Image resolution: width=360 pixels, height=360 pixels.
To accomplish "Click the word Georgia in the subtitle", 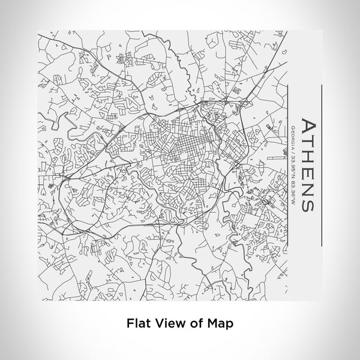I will [x=292, y=137].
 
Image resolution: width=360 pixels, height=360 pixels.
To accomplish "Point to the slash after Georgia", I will [x=292, y=152].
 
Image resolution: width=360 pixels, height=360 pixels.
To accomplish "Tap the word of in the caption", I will [x=191, y=322].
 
